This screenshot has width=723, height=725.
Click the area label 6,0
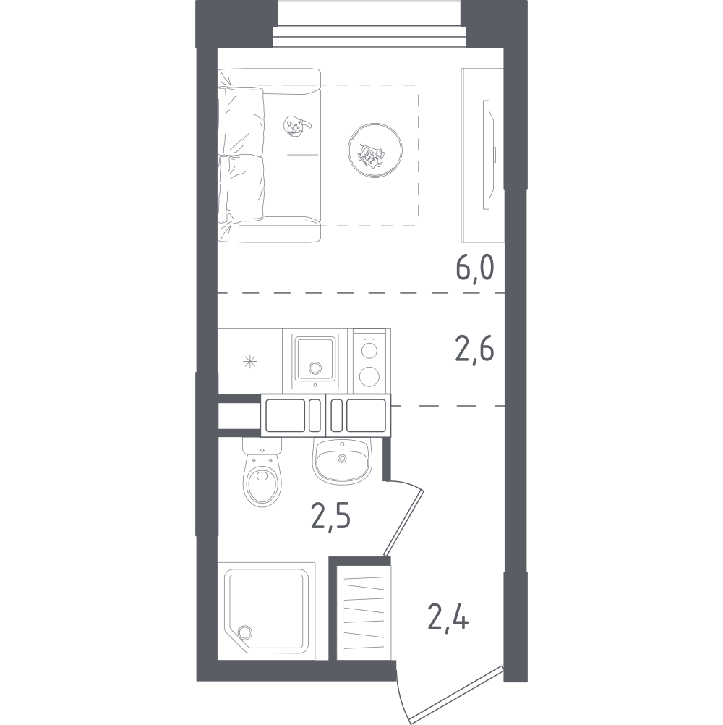point(474,269)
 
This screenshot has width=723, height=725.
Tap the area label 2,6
point(475,351)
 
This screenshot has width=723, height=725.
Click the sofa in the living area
point(269,155)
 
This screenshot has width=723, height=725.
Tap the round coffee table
point(373,152)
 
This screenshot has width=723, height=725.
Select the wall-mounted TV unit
point(482,156)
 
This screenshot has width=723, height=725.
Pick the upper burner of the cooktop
point(370,350)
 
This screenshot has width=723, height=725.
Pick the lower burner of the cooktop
point(370,376)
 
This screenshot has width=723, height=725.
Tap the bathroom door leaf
point(405,517)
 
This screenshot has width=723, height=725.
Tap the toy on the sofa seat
point(296,127)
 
